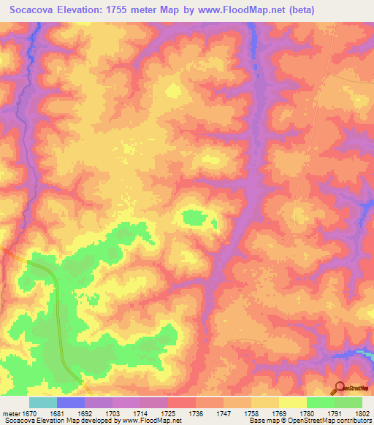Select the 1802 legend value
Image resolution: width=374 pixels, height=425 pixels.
point(361,413)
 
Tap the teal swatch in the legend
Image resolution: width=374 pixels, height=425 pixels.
point(43,402)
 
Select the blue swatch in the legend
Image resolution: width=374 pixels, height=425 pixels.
point(71,402)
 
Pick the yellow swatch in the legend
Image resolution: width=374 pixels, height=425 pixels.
point(293,402)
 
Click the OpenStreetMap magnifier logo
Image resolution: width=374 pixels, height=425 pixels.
point(340,387)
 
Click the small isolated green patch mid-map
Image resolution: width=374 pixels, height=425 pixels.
point(194,217)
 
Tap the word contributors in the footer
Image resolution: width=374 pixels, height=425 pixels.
point(352,421)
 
